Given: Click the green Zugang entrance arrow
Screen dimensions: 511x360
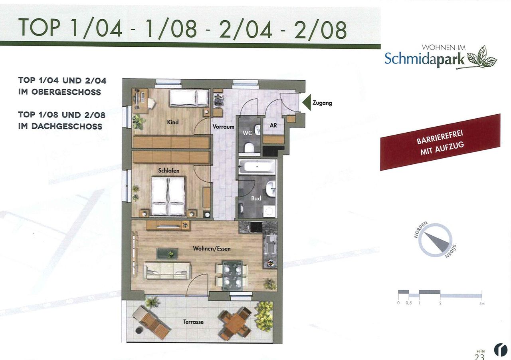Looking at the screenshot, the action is point(307,103).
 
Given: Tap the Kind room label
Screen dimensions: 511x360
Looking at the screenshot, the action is point(173,122).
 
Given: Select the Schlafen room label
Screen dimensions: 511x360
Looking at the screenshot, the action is point(168,171).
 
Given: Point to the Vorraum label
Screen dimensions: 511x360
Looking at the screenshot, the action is point(223,127).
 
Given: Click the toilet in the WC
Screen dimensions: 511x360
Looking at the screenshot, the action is point(249,148).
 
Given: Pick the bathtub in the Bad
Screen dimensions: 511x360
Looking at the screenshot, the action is point(257,167).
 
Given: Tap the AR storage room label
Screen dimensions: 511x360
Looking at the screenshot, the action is point(273,125).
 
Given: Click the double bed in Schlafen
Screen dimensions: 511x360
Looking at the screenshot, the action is point(168,196).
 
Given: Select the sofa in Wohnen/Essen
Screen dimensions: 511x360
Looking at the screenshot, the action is point(167,270).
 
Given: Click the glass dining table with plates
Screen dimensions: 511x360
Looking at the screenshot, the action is point(232,275).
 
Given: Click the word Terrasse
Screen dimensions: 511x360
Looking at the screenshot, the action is point(194,322).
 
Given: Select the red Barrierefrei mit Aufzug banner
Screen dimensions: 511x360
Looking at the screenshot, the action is point(440,143).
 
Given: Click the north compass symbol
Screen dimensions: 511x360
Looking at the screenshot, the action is point(435,240).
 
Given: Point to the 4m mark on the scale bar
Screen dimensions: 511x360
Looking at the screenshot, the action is point(481,304).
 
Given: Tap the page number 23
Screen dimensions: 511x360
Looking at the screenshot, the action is point(479,357).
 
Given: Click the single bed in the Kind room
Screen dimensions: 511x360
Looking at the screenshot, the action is point(189,98).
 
